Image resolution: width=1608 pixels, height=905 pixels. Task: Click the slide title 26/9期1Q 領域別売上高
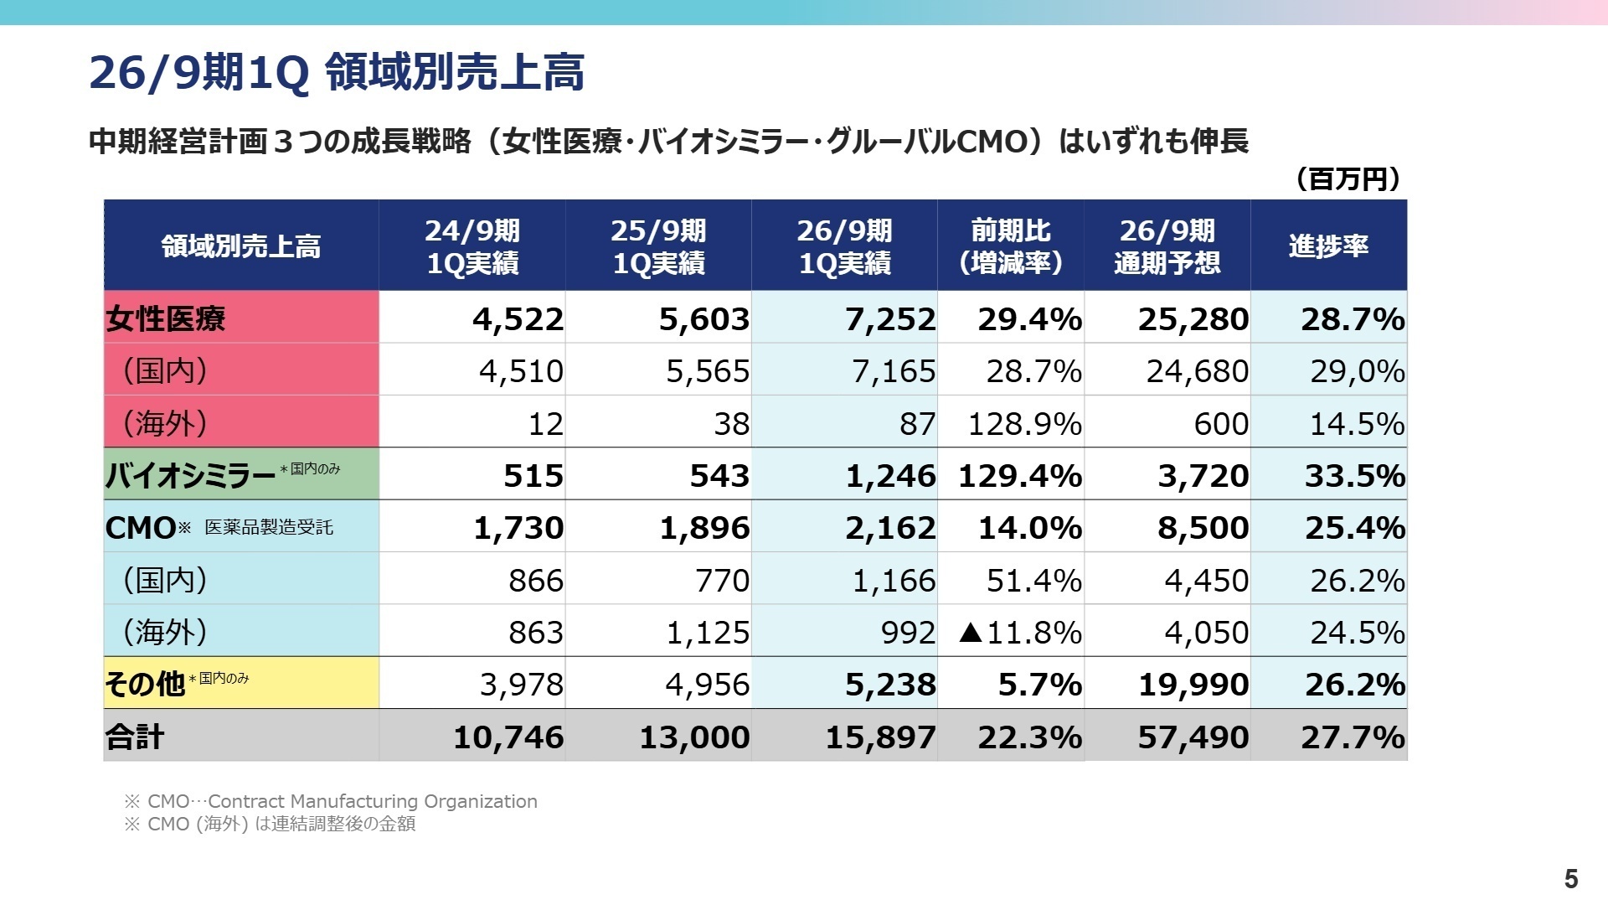(337, 72)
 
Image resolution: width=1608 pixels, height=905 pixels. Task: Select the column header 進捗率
(1328, 246)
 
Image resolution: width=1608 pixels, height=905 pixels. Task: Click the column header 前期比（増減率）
(1010, 246)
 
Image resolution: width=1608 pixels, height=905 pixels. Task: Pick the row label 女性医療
(166, 318)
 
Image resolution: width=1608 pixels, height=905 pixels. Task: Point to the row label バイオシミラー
(190, 475)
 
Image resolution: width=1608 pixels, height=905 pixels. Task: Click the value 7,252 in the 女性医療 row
(889, 319)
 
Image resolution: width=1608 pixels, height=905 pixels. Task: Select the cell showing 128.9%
(1024, 424)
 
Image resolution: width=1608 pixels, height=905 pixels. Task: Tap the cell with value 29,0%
(1357, 371)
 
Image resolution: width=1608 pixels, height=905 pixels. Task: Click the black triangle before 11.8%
(971, 632)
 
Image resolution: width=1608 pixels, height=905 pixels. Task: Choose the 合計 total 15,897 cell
(880, 737)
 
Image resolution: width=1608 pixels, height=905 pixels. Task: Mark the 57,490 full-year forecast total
(1193, 737)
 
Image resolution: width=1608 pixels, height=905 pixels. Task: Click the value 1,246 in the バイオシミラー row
(889, 476)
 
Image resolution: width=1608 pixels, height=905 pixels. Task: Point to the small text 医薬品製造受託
(269, 527)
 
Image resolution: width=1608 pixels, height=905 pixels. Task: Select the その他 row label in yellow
(144, 684)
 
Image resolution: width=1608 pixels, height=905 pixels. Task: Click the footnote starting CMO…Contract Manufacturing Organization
(331, 801)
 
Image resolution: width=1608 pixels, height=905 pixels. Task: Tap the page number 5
(1570, 878)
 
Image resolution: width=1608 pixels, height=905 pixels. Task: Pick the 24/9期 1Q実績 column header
(472, 246)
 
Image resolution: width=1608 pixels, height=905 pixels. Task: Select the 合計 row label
(135, 737)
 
